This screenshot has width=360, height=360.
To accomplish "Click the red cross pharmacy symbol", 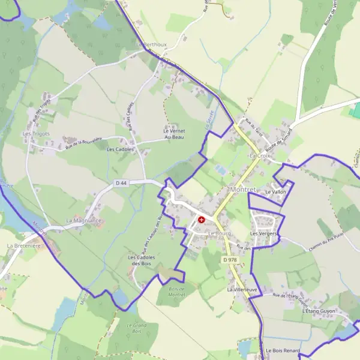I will click(x=201, y=220).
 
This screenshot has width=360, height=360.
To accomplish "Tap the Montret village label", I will click(x=243, y=190).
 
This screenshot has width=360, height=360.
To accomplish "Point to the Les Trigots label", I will click(x=36, y=133).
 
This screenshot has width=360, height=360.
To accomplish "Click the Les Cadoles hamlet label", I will click(x=120, y=149).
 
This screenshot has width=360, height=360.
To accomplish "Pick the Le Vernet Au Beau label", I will click(x=174, y=134).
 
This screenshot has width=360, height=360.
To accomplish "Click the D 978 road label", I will click(x=229, y=260).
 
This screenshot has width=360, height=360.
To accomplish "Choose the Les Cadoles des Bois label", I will click(x=140, y=260).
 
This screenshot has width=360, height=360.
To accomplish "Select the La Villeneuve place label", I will click(x=242, y=289).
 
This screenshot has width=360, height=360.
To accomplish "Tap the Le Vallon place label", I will click(x=275, y=192).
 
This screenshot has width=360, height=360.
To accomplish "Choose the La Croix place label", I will click(x=260, y=156).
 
